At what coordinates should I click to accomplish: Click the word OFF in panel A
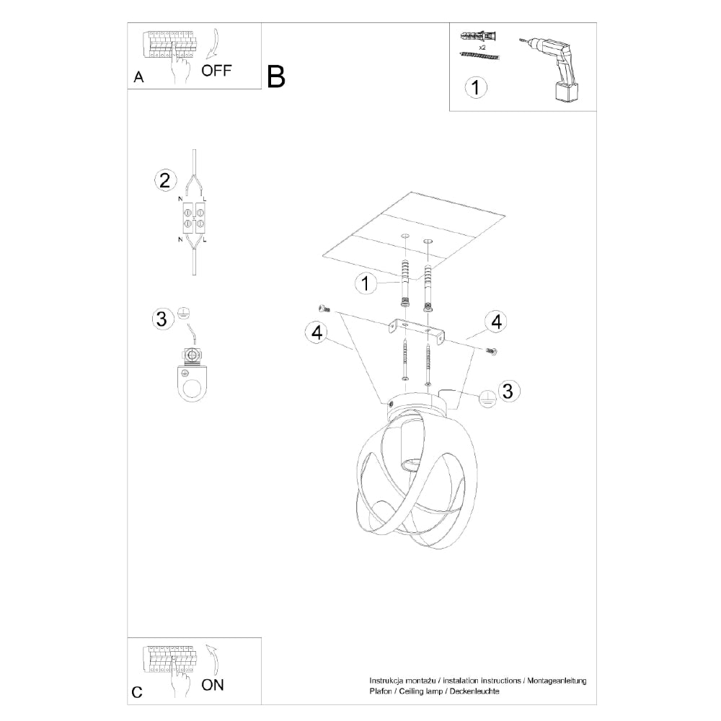pos(216,71)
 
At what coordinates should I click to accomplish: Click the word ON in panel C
pos(213,684)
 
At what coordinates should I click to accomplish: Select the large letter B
pos(276,76)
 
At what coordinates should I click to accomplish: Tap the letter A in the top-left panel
pos(138,78)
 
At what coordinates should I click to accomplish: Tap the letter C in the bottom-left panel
pos(137,692)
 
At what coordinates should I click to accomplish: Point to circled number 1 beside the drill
pos(475,88)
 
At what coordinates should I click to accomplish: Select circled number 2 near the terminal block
pos(165,180)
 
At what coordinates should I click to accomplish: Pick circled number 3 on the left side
pos(162,318)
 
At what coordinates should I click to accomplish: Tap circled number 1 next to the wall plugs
pos(366,283)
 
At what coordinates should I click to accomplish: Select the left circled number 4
pos(314,332)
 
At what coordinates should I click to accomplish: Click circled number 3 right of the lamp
pos(508,391)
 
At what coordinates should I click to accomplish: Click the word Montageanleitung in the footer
pos(558,681)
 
